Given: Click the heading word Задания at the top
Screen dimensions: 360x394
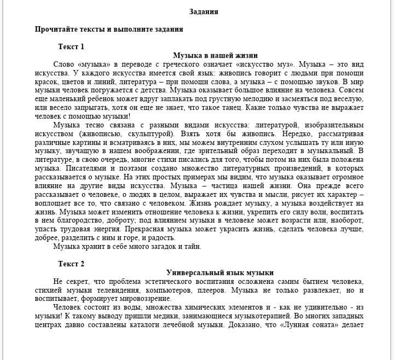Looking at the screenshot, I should point(204,11).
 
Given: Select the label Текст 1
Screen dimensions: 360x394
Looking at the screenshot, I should point(71,47).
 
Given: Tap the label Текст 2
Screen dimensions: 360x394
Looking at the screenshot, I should point(71,264).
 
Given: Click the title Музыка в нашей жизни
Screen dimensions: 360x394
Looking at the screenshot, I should point(215,55).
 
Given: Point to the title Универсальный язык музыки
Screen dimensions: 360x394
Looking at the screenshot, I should point(220,272).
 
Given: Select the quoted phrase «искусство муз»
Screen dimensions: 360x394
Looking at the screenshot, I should point(261,64).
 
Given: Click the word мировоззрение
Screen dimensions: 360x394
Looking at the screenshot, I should point(144,299).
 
